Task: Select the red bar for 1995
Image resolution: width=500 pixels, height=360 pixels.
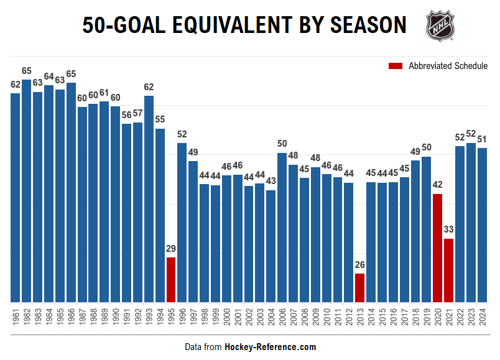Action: click(x=171, y=280)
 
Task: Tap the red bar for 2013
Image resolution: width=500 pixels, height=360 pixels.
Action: click(x=359, y=288)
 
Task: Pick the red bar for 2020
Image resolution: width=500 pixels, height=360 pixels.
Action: click(x=437, y=248)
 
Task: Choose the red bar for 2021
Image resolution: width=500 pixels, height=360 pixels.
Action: click(x=448, y=270)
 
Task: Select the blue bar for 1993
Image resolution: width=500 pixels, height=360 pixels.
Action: click(x=149, y=199)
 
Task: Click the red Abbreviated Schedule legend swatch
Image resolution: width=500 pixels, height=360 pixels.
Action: click(x=396, y=66)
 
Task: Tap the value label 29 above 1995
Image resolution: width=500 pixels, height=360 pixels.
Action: click(x=171, y=249)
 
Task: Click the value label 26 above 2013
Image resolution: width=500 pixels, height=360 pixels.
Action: click(x=359, y=265)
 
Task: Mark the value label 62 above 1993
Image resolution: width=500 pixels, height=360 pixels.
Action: click(x=149, y=88)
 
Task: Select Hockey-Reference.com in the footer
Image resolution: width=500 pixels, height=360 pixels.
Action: click(x=271, y=346)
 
